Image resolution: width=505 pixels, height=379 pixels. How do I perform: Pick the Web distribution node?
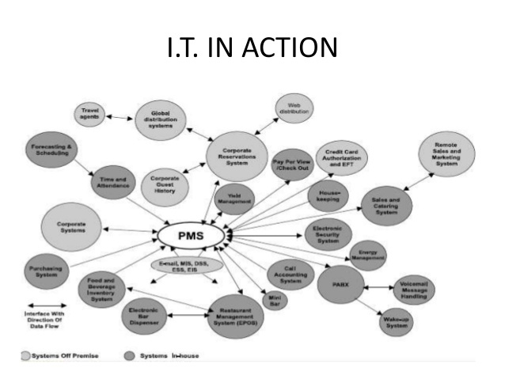click(x=294, y=108)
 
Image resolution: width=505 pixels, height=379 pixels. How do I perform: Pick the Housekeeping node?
click(x=329, y=195)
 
